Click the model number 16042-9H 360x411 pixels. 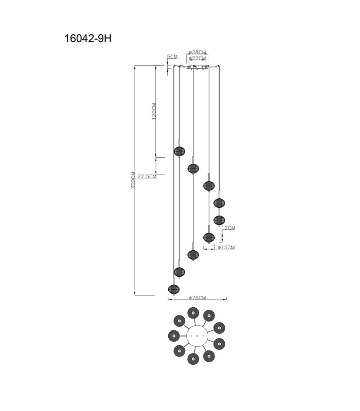[88, 39]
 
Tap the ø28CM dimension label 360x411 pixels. [197, 52]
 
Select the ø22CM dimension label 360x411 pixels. [197, 58]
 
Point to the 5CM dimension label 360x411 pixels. [172, 57]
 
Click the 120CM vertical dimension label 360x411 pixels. [154, 111]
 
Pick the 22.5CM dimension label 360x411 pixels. [147, 176]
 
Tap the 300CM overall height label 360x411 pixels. [133, 180]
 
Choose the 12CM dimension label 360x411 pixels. [228, 228]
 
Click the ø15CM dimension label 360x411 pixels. [226, 247]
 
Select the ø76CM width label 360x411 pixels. [197, 298]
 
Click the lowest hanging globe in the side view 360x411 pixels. [174, 289]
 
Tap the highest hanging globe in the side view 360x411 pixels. [179, 151]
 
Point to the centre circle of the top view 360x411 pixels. [197, 336]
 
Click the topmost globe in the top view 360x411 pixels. [193, 313]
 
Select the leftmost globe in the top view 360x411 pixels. [174, 336]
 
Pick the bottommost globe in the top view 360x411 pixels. [193, 359]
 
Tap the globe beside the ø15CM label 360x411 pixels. [209, 238]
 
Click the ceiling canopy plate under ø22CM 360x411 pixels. [197, 67]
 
